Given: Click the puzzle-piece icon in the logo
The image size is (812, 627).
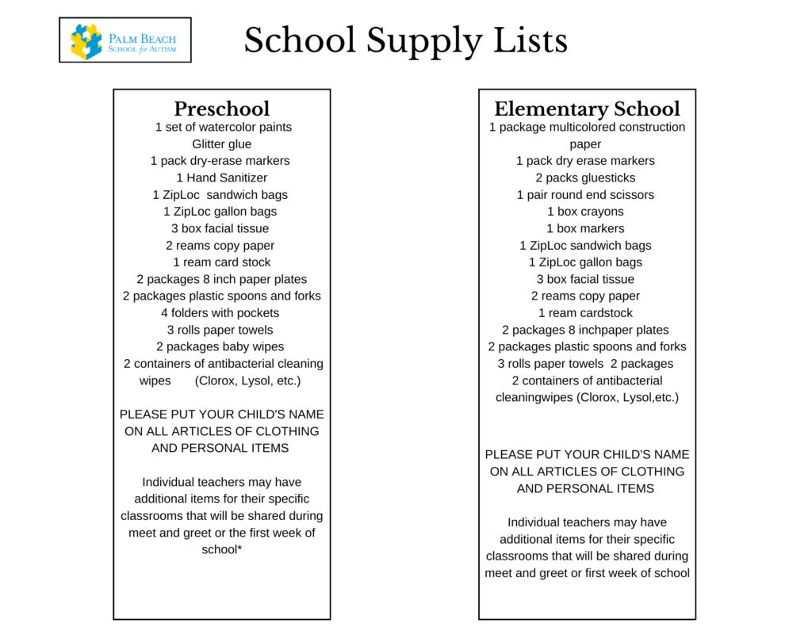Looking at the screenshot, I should tap(86, 41).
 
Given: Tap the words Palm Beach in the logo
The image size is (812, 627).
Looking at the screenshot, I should tap(143, 38).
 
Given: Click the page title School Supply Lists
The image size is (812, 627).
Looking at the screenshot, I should tap(405, 40).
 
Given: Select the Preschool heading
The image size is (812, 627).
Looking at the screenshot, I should tap(222, 109).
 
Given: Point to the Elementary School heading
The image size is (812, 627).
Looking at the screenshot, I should tap(587, 109).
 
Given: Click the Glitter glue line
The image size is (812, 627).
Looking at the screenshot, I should tap(222, 144).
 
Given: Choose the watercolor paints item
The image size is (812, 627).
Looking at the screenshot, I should tap(224, 127).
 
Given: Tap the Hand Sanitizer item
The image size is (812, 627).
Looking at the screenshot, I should tap(222, 178).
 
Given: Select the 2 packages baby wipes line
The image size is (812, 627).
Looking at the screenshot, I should tap(220, 346).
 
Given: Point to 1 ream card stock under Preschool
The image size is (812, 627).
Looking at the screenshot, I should tap(222, 262).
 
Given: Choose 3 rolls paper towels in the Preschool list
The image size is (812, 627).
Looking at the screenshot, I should tap(220, 330).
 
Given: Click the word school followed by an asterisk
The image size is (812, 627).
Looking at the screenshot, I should tap(222, 549).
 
